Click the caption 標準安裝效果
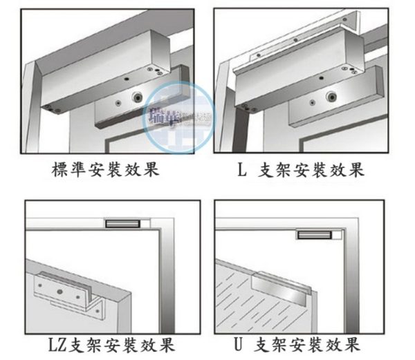(105, 169)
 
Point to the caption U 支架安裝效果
(303, 343)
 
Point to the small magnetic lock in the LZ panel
(123, 223)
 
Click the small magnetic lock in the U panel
(315, 235)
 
